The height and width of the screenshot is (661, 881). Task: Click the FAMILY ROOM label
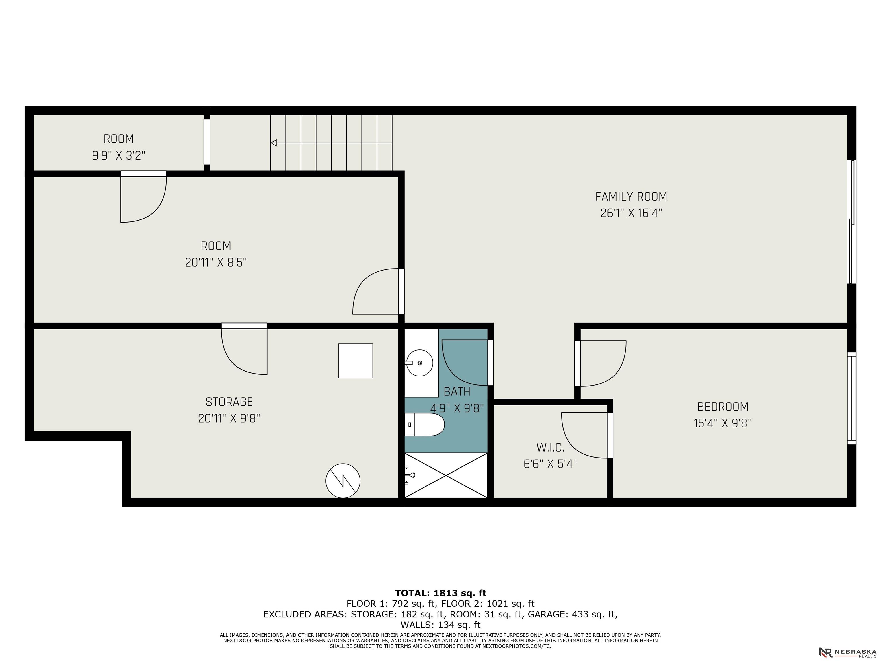pyautogui.click(x=631, y=197)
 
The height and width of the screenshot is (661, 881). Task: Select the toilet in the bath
pyautogui.click(x=424, y=424)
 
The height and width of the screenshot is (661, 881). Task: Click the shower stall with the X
pyautogui.click(x=446, y=475)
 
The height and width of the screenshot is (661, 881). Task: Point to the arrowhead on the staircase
pyautogui.click(x=274, y=143)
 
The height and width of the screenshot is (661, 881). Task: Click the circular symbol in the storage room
pyautogui.click(x=343, y=481)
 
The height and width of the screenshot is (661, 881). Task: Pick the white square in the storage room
pyautogui.click(x=356, y=361)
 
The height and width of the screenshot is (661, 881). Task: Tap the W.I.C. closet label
pyautogui.click(x=550, y=448)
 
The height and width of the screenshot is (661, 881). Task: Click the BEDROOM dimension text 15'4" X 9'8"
pyautogui.click(x=722, y=423)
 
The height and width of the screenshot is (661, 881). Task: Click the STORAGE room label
pyautogui.click(x=229, y=402)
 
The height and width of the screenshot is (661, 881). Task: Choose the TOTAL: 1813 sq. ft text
pyautogui.click(x=440, y=593)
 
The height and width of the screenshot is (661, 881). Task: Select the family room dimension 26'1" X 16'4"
pyautogui.click(x=631, y=213)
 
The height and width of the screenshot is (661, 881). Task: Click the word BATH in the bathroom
pyautogui.click(x=457, y=392)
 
